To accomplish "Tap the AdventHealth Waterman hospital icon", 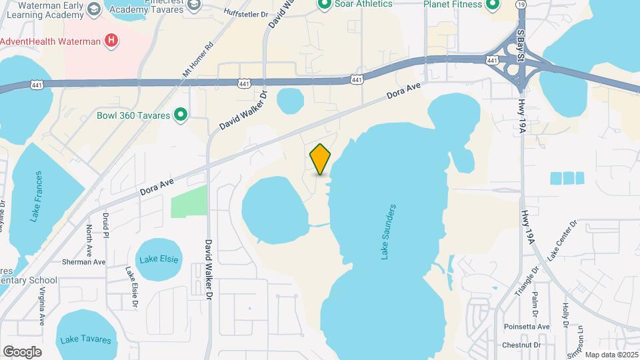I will [112, 41].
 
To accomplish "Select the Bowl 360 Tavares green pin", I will [179, 115].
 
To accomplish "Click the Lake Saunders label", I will [388, 232].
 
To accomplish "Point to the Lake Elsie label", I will [158, 259].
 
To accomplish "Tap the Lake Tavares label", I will [85, 339].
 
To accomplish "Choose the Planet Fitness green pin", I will [493, 5].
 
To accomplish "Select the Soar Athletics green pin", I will [325, 5].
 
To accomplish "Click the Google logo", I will [22, 352].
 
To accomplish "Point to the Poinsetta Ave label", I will [526, 327].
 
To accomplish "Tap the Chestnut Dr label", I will [521, 345].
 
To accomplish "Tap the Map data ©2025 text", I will [611, 355].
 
